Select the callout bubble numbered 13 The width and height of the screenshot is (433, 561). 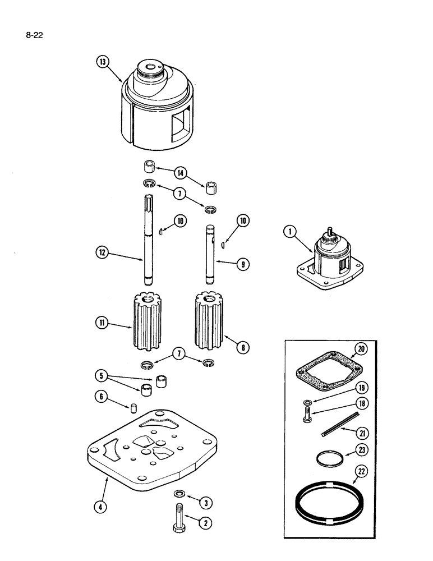click(x=101, y=62)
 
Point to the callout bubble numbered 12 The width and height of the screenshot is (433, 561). click(x=102, y=253)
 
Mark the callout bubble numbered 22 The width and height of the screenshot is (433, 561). click(x=356, y=472)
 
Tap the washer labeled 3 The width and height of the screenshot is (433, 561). click(x=179, y=494)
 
